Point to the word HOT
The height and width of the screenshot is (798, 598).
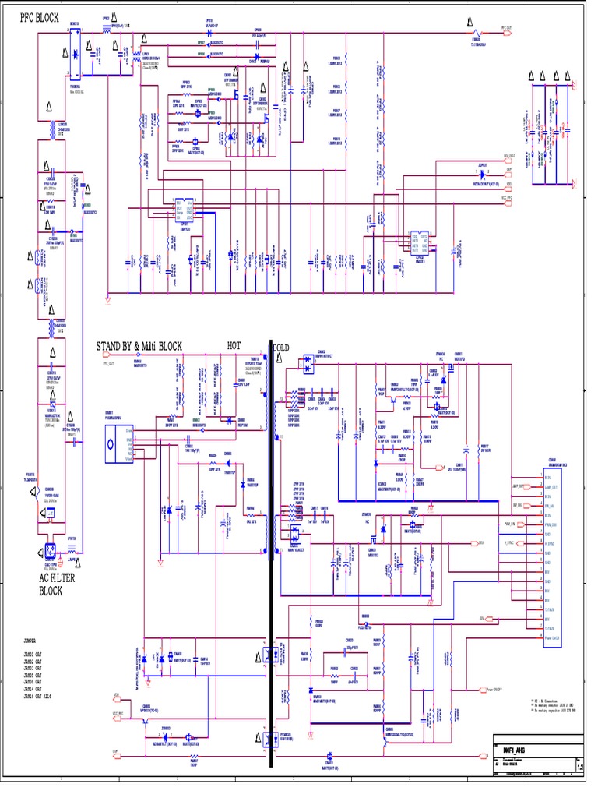click(234, 344)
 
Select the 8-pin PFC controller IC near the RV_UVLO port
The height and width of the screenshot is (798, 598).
click(420, 242)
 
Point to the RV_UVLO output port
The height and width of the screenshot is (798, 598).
click(511, 157)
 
